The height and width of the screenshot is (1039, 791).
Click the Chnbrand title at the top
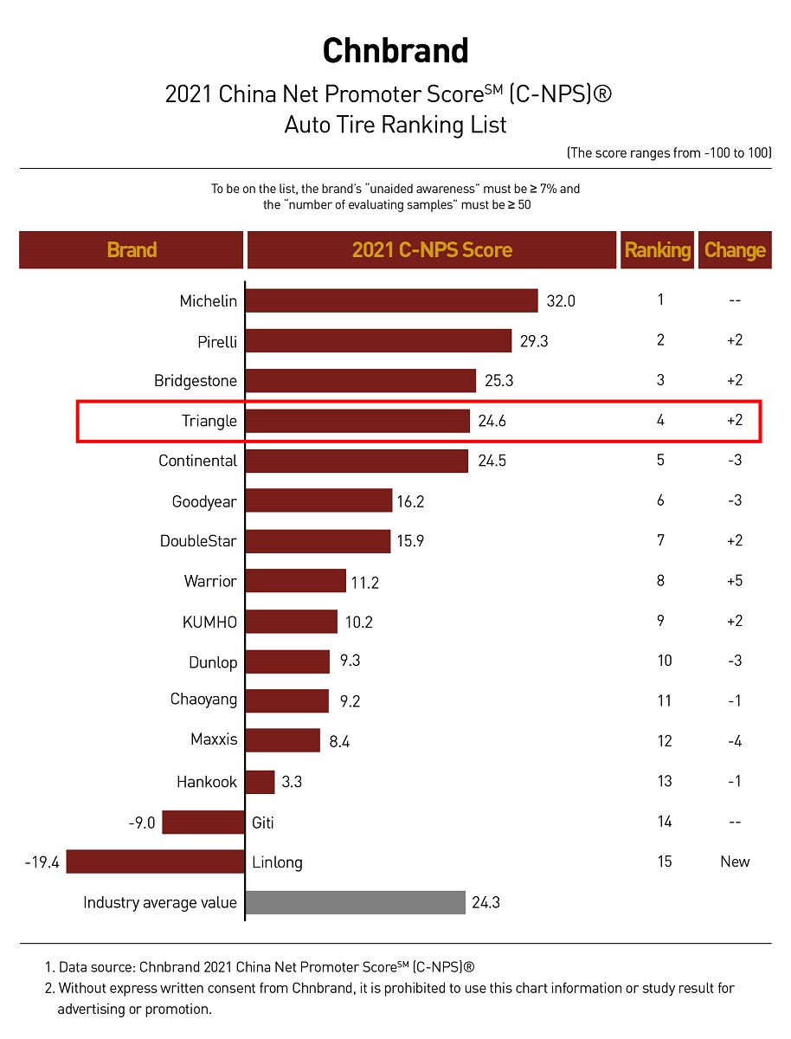(395, 51)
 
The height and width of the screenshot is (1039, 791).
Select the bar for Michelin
(392, 300)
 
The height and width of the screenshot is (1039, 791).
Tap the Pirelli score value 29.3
(534, 341)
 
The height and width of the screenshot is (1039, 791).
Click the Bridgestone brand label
(196, 381)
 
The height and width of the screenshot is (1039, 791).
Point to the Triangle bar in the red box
(358, 422)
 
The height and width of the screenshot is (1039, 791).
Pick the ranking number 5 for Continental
(660, 460)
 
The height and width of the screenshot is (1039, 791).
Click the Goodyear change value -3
(734, 500)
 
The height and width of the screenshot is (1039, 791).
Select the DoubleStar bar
(318, 541)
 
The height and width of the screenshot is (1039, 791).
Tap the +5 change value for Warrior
(734, 581)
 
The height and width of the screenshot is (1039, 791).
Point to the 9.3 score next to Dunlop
(350, 661)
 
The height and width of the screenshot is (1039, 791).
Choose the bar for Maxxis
(283, 740)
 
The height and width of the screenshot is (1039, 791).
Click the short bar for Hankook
(260, 782)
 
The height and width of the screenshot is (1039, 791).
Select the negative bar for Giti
(203, 822)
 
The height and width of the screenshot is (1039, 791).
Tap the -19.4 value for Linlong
(42, 862)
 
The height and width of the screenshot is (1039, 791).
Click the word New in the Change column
(735, 862)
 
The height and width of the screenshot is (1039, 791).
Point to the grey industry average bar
(356, 902)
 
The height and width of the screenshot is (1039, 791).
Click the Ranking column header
(658, 250)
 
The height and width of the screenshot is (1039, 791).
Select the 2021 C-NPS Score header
(432, 250)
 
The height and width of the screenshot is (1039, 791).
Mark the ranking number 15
(665, 862)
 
